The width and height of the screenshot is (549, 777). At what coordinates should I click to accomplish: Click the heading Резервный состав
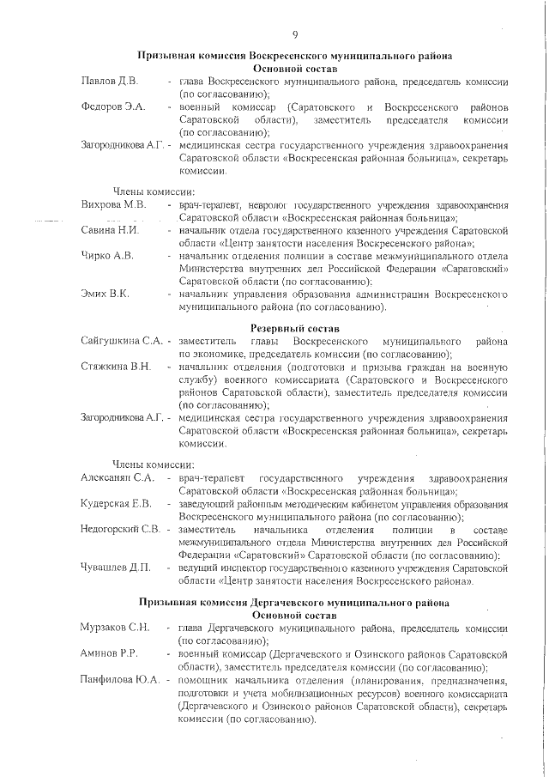point(295,329)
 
